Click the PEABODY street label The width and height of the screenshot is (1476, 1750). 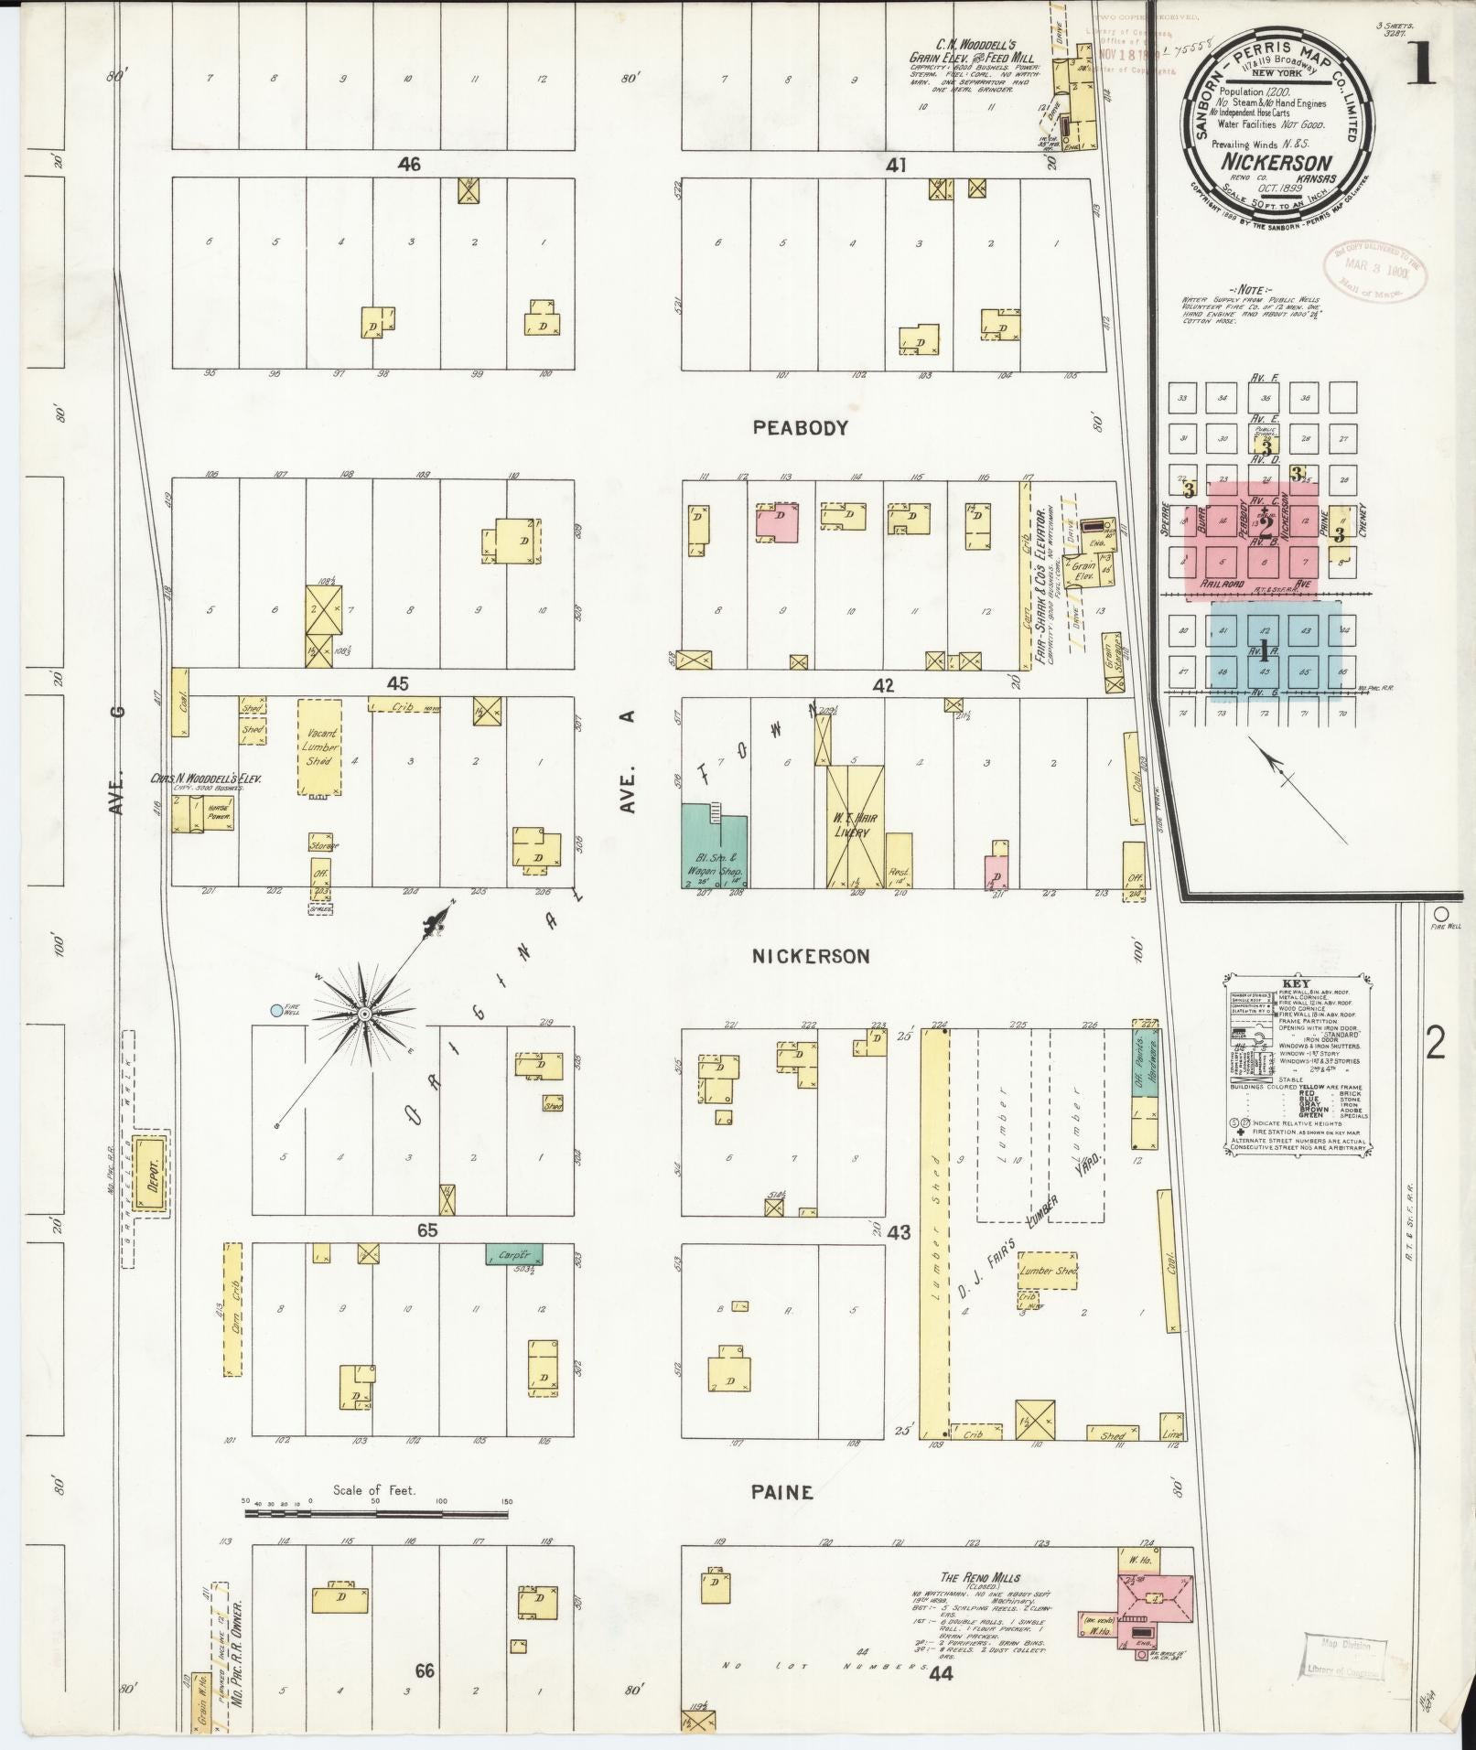(801, 427)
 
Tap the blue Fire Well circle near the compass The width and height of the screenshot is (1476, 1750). (276, 1011)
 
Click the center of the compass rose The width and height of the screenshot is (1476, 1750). (364, 1015)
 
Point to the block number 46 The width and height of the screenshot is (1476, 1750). (409, 165)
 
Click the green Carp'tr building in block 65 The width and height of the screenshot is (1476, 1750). (514, 1253)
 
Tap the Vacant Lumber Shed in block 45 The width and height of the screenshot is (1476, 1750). (319, 747)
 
